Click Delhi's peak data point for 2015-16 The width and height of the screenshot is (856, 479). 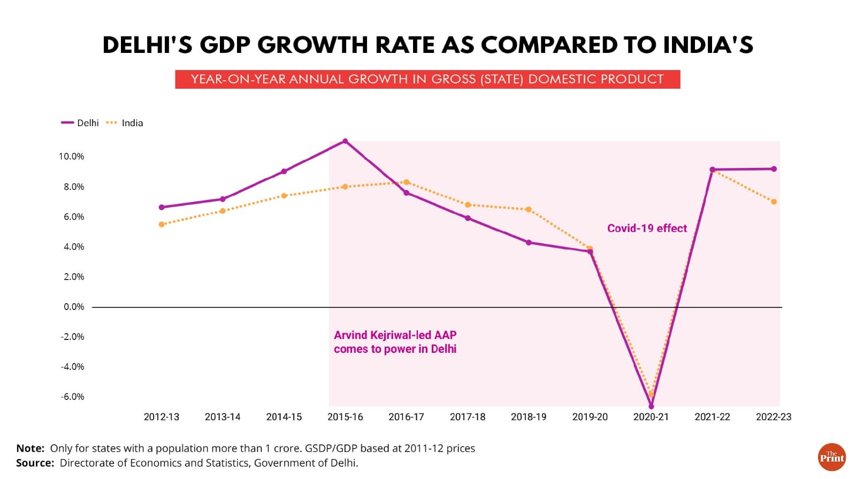345,141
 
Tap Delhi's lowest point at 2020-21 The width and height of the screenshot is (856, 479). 651,406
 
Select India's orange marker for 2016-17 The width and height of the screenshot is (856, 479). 407,182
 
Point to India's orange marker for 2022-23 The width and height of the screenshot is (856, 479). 774,202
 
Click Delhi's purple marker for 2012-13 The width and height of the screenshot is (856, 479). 162,207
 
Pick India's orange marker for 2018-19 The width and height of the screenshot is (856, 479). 529,210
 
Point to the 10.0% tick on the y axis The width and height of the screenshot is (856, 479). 72,157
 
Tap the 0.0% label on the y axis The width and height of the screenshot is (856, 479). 74,307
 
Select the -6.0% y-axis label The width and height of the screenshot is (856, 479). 72,397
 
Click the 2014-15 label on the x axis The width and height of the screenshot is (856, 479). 284,417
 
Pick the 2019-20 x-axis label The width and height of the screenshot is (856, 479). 590,417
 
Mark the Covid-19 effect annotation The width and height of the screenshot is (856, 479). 647,228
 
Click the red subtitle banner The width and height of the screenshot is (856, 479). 427,79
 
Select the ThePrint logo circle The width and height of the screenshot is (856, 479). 832,457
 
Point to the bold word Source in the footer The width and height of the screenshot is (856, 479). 35,463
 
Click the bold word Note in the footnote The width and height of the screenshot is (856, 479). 30,449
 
